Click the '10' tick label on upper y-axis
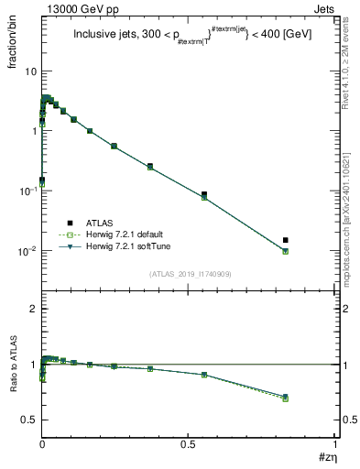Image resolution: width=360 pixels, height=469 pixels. [x=29, y=71]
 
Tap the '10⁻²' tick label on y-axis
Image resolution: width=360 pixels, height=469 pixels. [x=27, y=251]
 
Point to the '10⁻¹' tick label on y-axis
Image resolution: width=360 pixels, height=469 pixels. [x=27, y=191]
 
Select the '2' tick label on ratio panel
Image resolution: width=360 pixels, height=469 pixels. [x=33, y=310]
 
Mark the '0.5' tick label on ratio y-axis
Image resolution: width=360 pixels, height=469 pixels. [x=29, y=420]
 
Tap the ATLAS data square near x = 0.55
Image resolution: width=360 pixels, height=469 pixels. [x=203, y=194]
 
